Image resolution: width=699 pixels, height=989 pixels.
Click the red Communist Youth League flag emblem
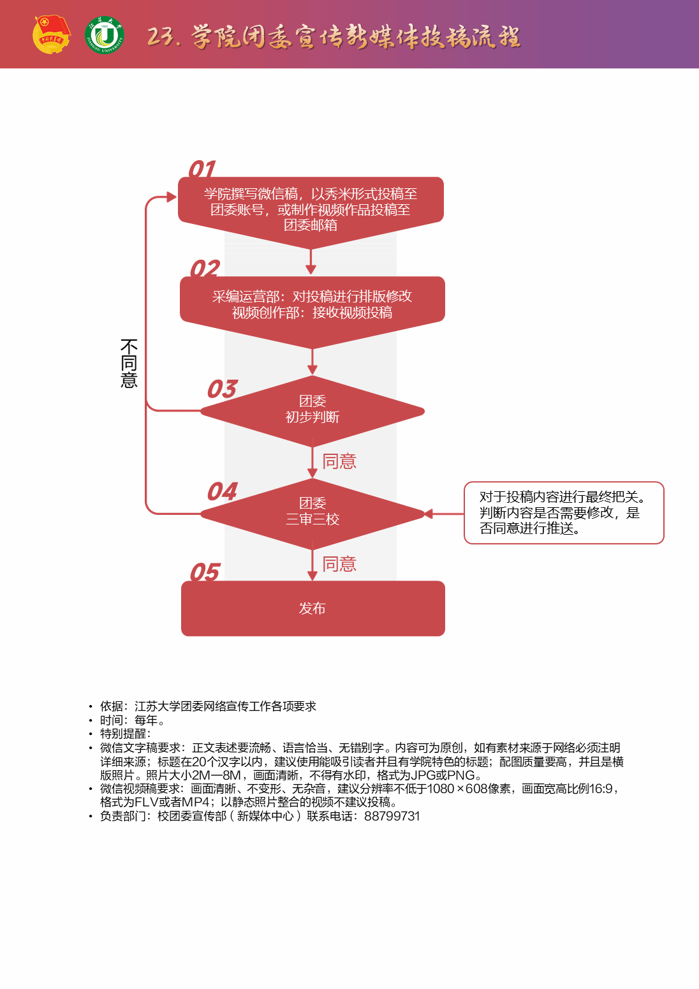pos(51,34)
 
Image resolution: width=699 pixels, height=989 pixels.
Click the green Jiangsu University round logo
pos(105,35)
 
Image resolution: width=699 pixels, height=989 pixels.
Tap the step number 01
pos(202,169)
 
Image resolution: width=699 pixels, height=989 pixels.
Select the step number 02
pos(205,269)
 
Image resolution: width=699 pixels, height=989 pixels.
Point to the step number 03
pos(222,389)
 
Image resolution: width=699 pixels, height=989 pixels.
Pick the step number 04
pos(222,491)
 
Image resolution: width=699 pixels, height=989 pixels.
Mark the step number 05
pos(205,572)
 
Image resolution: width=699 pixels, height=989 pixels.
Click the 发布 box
pos(313,608)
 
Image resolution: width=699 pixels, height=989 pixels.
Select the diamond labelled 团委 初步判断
pos(313,410)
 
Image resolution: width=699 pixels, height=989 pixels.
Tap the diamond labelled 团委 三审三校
pos(313,512)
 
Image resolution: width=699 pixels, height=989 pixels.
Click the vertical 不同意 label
pos(129,364)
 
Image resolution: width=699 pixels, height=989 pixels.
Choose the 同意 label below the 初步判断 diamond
pos(339,461)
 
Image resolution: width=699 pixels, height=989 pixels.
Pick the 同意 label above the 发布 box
pos(339,564)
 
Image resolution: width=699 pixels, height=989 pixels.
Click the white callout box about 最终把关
pos(564,512)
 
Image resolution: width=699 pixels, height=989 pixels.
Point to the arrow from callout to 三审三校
pos(445,514)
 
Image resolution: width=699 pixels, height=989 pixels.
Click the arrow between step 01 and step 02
pos(311,262)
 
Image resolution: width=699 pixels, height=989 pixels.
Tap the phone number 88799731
pos(392,816)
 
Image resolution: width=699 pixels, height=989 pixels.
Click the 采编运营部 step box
pos(313,305)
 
